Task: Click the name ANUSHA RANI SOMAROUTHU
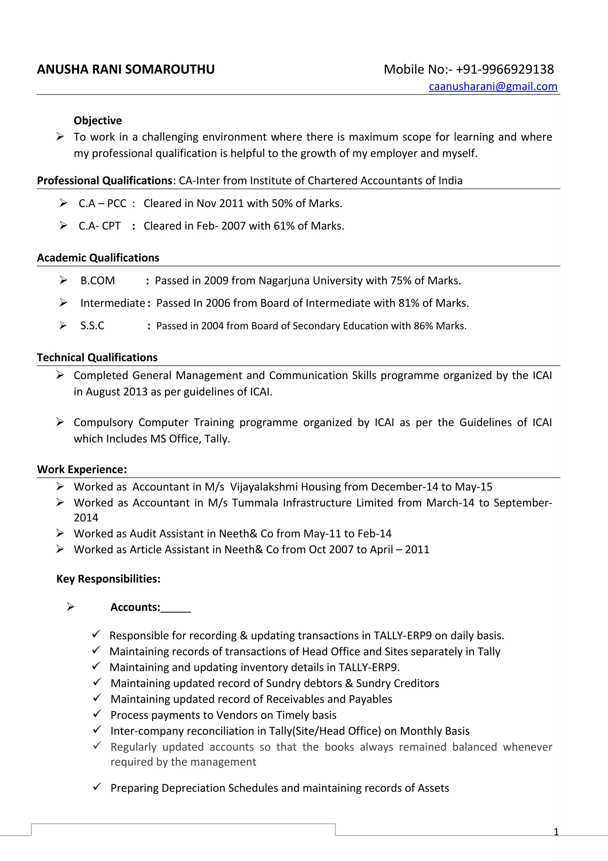click(x=126, y=70)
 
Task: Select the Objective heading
click(x=97, y=120)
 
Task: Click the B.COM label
click(x=97, y=280)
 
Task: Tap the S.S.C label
click(x=92, y=326)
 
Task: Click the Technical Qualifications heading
click(x=97, y=357)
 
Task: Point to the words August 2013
click(x=116, y=392)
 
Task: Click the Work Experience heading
click(x=82, y=469)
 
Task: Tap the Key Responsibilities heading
click(x=108, y=579)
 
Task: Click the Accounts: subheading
click(x=135, y=607)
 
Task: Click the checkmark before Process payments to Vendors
click(x=97, y=714)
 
